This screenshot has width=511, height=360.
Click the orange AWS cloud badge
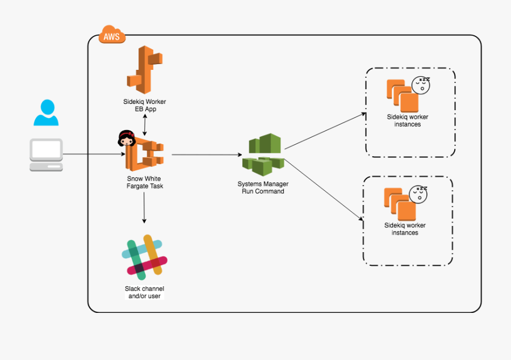tap(112, 36)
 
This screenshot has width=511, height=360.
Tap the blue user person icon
tap(45, 112)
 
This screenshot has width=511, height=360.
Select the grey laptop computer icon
tap(46, 154)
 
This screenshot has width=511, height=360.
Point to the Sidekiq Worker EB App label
tap(144, 106)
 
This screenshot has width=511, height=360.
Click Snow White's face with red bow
tap(125, 138)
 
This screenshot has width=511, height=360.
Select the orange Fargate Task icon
tap(145, 154)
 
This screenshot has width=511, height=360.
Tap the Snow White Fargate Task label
tap(144, 182)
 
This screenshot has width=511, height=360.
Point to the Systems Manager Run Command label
tap(262, 187)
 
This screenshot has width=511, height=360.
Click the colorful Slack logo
tap(145, 257)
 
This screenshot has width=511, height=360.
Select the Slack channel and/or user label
tap(144, 292)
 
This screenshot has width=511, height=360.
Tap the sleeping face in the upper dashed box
tap(421, 85)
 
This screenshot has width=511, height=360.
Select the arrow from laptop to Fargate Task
tap(94, 154)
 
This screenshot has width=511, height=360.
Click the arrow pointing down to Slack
tap(144, 207)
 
